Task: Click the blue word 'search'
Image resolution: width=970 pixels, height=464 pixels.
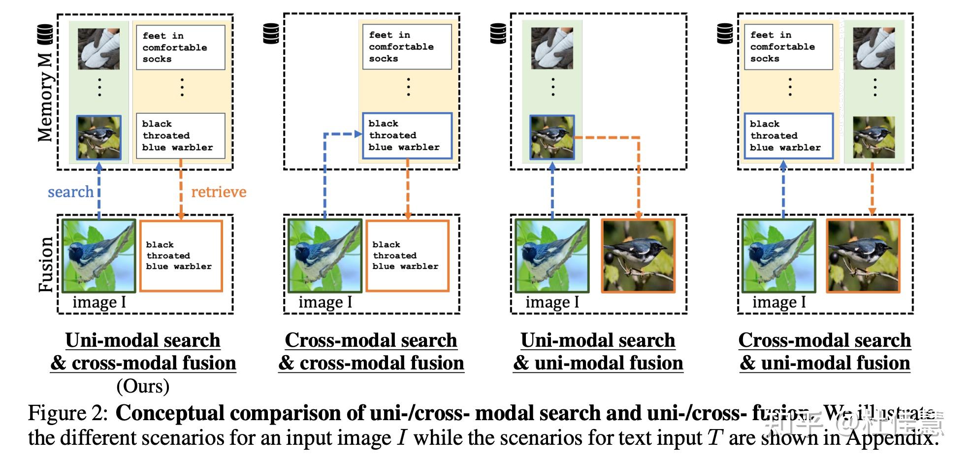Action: [70, 192]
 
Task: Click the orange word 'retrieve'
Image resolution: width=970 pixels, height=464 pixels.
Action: [219, 192]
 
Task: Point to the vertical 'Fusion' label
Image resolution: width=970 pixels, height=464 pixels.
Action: [45, 264]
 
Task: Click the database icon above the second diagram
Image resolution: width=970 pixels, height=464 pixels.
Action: [271, 33]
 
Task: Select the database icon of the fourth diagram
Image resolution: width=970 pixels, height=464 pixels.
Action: [725, 33]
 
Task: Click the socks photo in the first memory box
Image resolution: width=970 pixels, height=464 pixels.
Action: [98, 48]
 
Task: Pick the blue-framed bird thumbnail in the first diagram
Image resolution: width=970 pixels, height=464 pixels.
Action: [98, 138]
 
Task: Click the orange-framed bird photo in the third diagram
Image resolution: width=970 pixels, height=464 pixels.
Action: [638, 256]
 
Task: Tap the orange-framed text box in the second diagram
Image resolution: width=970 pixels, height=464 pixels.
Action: [407, 256]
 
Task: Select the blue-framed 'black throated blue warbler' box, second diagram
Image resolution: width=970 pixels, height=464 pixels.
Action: [407, 135]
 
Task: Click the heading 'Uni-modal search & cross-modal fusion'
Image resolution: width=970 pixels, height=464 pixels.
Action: [143, 351]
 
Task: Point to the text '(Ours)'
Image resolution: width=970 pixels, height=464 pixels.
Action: [143, 386]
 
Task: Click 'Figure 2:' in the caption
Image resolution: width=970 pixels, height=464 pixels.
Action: [67, 413]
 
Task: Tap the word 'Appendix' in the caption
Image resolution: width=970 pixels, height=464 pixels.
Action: [891, 438]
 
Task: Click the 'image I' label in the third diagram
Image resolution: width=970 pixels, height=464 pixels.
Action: [552, 302]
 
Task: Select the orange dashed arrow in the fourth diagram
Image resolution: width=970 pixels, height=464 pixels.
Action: [872, 190]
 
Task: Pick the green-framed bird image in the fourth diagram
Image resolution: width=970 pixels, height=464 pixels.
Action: [778, 256]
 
